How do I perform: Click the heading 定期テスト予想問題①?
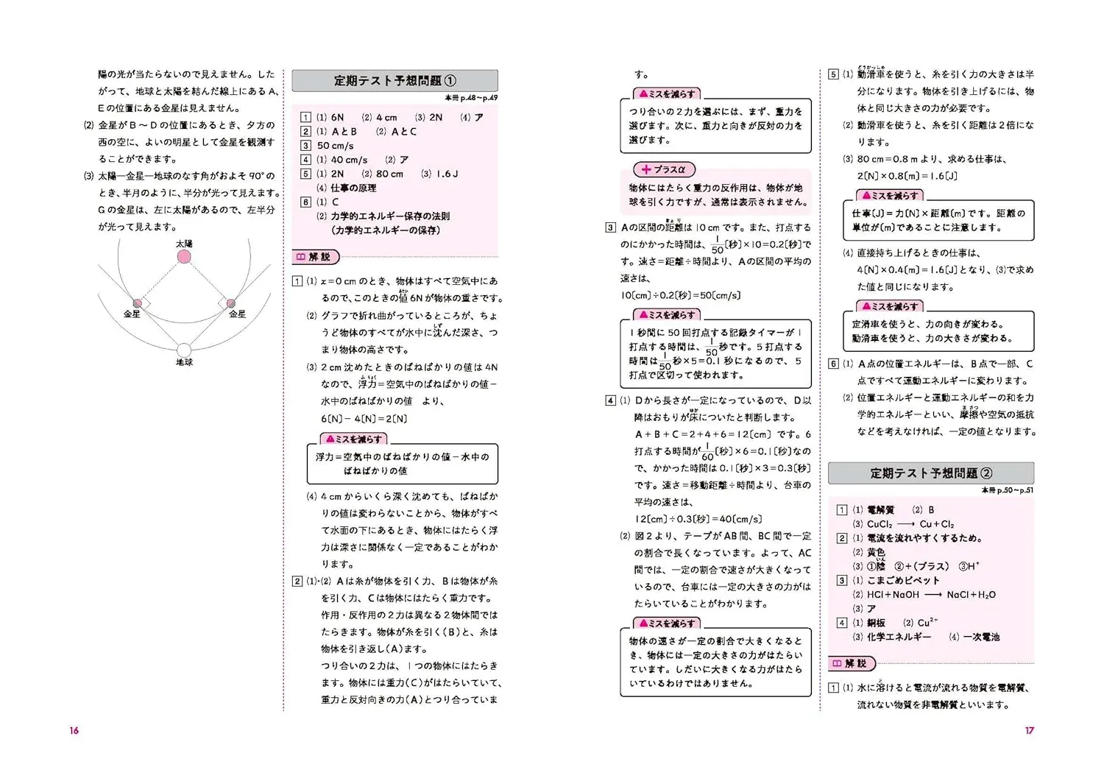tap(394, 81)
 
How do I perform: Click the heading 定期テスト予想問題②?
tap(931, 473)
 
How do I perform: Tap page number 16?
tap(74, 730)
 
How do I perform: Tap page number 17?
tap(1029, 730)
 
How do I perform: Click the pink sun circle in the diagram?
tap(184, 257)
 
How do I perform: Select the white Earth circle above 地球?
tap(184, 350)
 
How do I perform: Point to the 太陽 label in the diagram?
tap(184, 244)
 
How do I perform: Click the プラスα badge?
tap(663, 169)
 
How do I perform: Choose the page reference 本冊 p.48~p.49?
tap(471, 98)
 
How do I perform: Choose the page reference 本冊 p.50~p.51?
tap(1007, 490)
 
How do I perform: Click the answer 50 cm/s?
tap(335, 146)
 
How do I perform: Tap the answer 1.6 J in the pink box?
tap(447, 174)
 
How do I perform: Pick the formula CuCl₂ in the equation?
tap(880, 524)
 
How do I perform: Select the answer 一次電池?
tap(981, 637)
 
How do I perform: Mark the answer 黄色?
tap(876, 552)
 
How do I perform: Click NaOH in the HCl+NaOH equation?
tap(903, 595)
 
